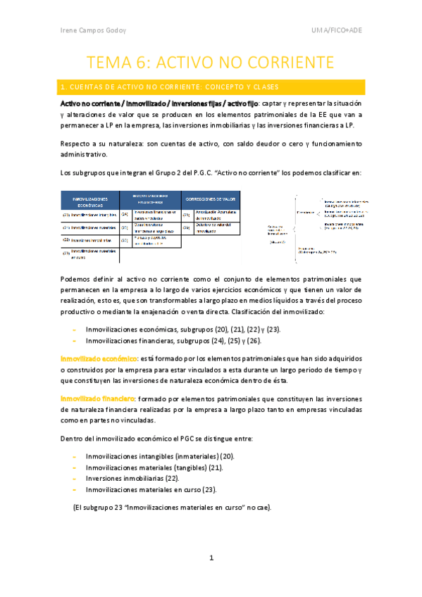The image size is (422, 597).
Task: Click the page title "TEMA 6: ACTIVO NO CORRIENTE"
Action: (x=211, y=62)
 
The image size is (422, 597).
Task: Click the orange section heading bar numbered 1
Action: (x=211, y=87)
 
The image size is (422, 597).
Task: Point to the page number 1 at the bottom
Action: (x=211, y=558)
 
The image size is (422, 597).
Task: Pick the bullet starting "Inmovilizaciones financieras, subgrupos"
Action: (x=173, y=341)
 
